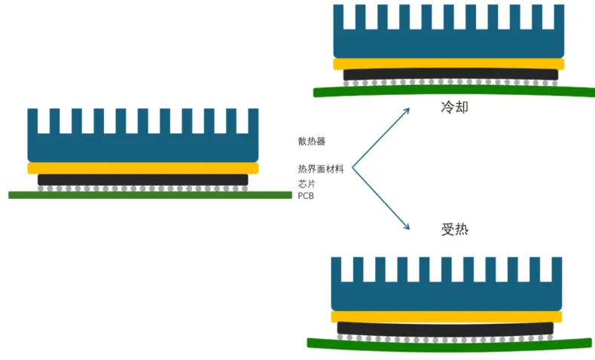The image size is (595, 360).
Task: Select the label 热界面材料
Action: (x=321, y=169)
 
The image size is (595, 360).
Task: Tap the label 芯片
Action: (x=306, y=183)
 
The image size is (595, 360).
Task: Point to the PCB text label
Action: (x=306, y=196)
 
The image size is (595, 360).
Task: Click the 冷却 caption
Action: (x=454, y=107)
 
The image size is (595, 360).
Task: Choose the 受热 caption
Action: (x=454, y=229)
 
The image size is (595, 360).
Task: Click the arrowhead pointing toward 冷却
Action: (x=406, y=111)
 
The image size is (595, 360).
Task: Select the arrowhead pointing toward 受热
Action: (x=406, y=227)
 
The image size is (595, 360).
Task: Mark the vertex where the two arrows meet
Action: (x=352, y=168)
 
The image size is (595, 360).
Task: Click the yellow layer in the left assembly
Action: (x=143, y=168)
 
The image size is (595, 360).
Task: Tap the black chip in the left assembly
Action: (x=143, y=180)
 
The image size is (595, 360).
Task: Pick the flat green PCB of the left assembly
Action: (x=150, y=195)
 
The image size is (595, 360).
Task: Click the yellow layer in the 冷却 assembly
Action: (x=449, y=64)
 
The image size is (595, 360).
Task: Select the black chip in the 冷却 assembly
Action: (x=450, y=75)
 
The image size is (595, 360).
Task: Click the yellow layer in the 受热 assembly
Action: (x=446, y=316)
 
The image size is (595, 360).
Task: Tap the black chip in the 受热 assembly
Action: (x=446, y=328)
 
